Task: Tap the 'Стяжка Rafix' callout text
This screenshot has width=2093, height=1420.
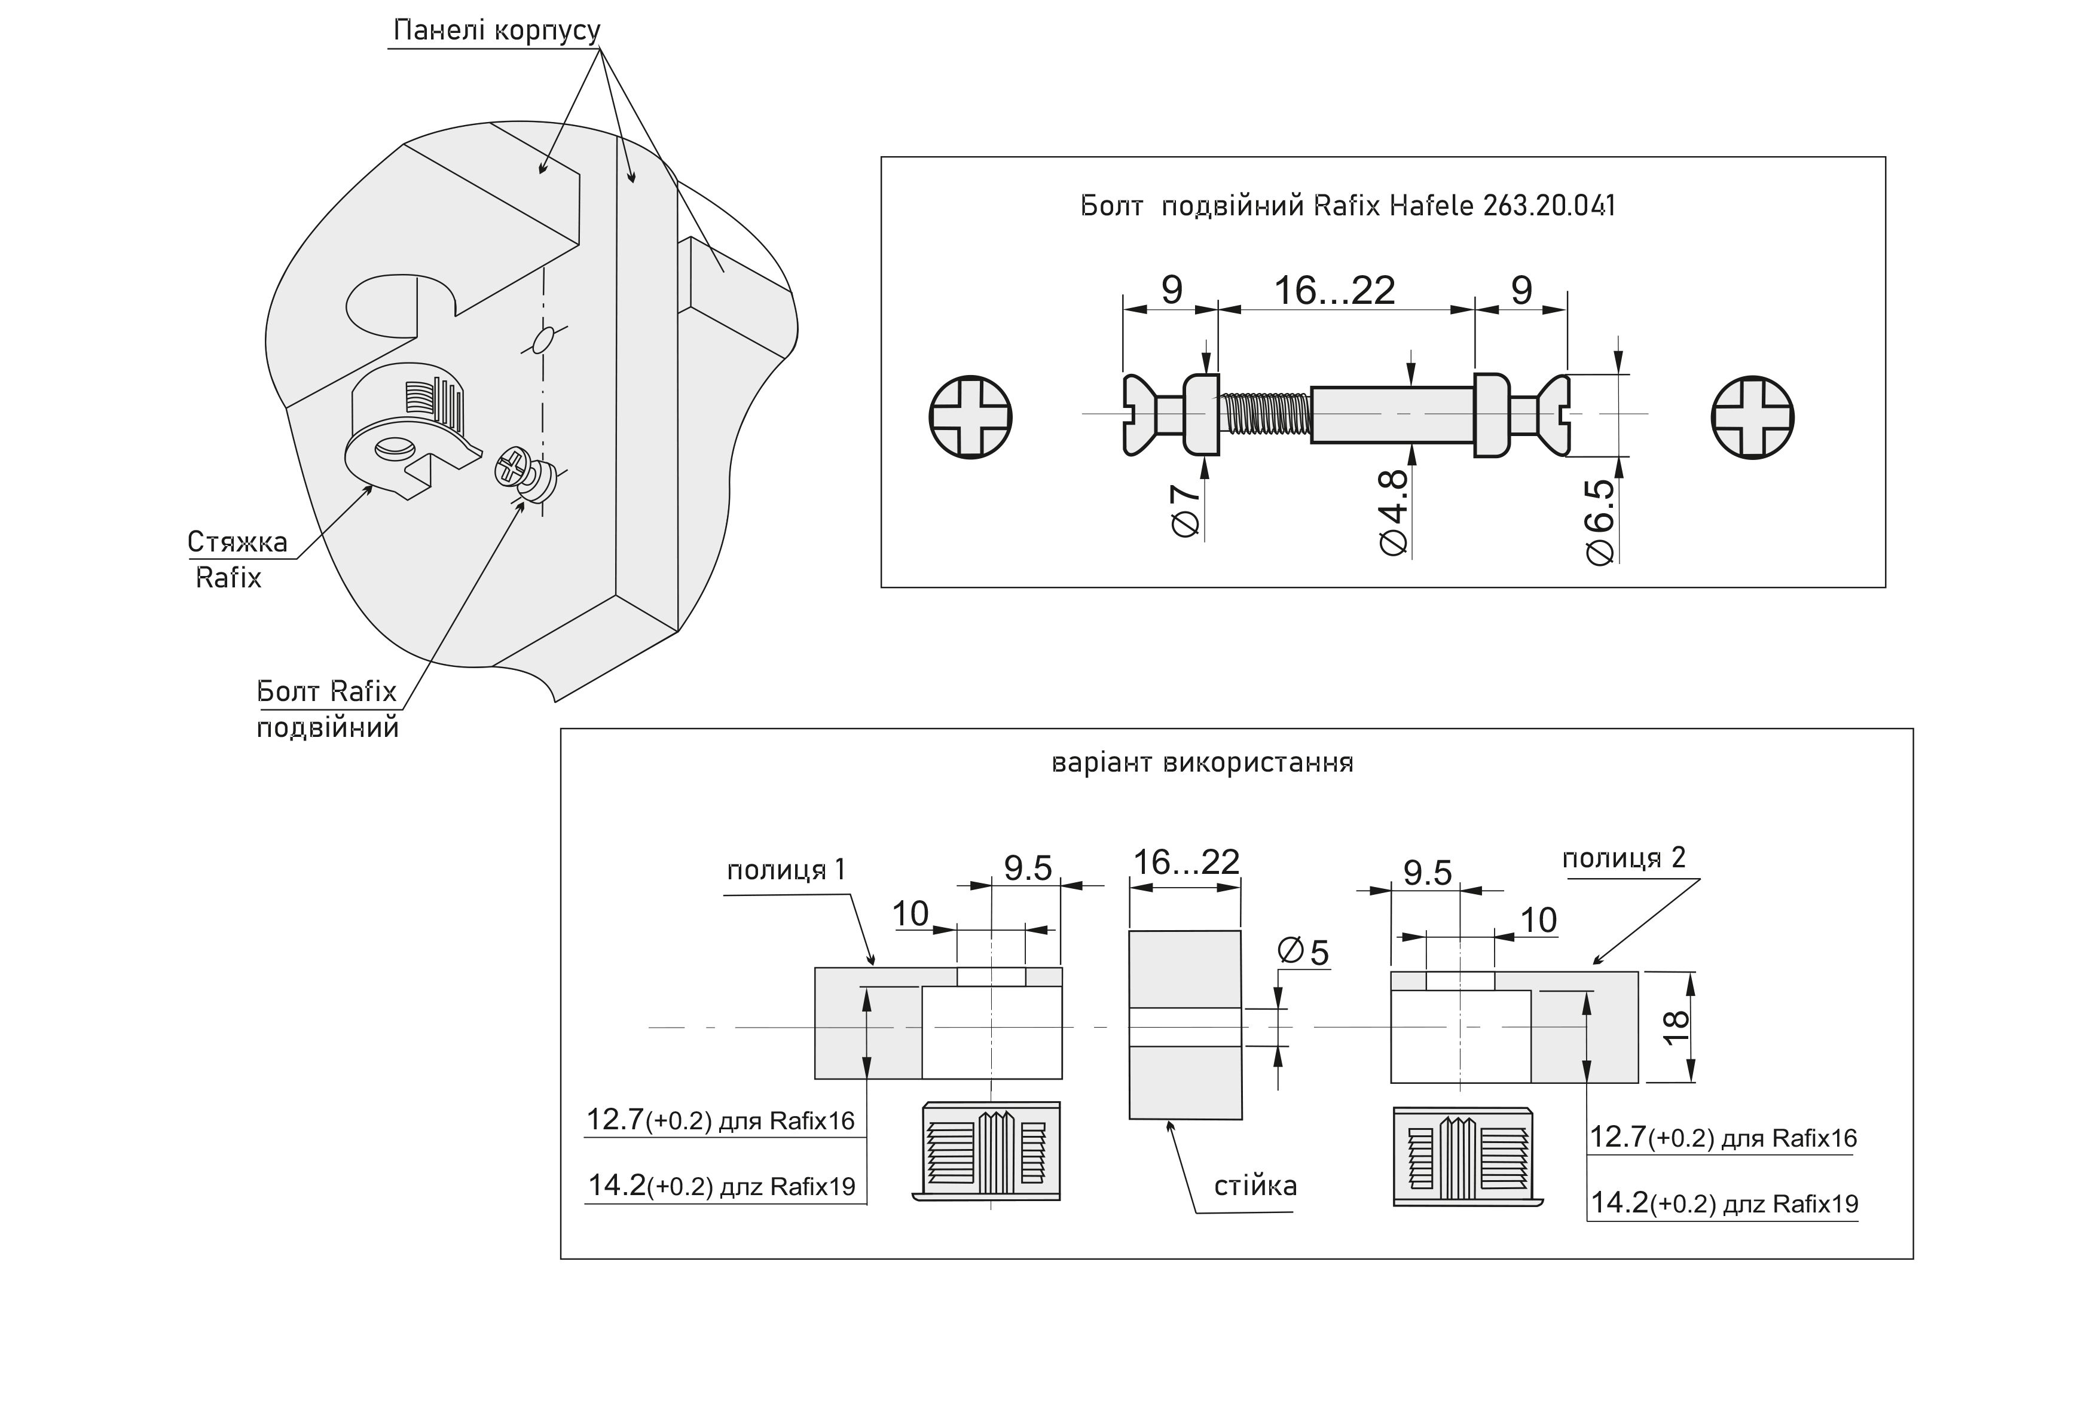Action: point(236,559)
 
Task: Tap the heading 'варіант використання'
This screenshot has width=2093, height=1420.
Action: point(1202,763)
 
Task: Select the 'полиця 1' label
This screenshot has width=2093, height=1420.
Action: point(786,870)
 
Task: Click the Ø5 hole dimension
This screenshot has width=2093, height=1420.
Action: point(1303,952)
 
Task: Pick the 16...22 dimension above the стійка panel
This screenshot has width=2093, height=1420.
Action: point(1185,863)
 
